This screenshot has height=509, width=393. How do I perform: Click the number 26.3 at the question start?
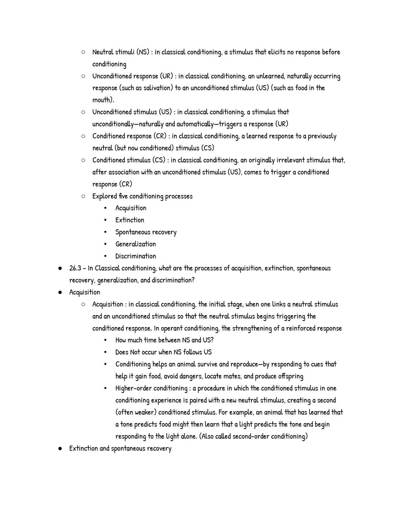click(x=75, y=268)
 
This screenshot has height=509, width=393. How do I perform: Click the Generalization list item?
click(x=135, y=244)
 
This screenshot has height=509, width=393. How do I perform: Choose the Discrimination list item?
click(x=135, y=256)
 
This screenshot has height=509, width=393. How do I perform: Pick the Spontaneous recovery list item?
click(x=146, y=232)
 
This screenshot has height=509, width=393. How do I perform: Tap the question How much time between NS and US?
click(x=164, y=340)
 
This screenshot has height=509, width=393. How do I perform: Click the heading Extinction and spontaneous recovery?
click(x=120, y=449)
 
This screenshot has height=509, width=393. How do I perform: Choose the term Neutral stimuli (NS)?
click(x=120, y=52)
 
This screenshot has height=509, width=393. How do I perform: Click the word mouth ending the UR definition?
click(x=102, y=100)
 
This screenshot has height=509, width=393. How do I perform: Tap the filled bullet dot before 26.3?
click(x=60, y=269)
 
